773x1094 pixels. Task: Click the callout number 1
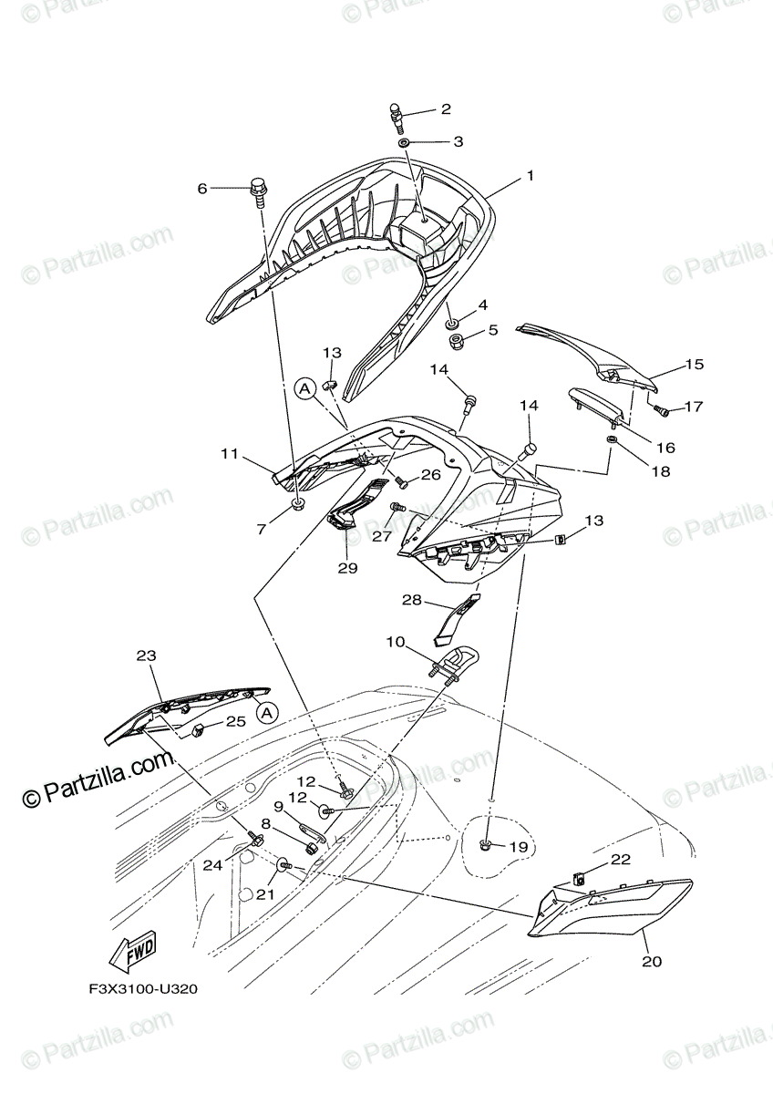point(529,176)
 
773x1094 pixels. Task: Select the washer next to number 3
point(404,142)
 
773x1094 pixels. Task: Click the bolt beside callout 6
point(258,191)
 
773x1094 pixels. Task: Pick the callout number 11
point(229,452)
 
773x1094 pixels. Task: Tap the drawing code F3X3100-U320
point(144,988)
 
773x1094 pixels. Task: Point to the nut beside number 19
point(489,846)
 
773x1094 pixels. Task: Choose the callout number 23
point(146,655)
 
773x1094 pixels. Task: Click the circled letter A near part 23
point(264,712)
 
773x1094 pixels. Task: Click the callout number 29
point(346,567)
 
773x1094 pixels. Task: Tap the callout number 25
point(235,721)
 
